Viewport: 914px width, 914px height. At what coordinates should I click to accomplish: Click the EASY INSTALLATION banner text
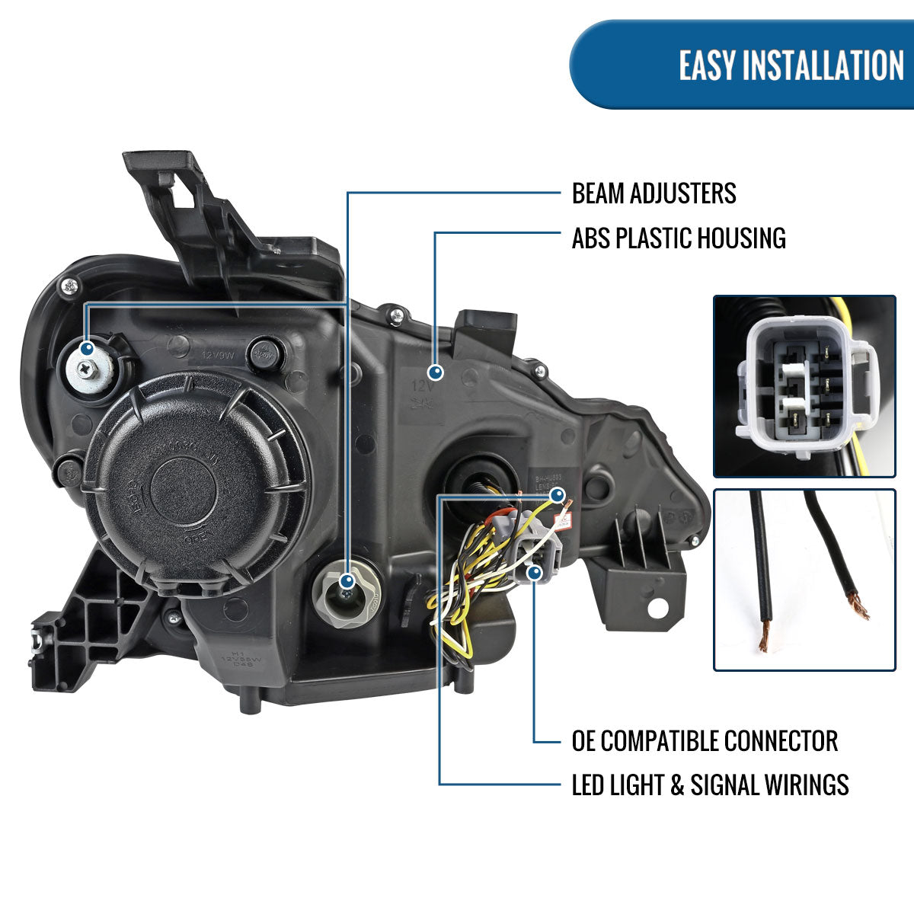click(x=791, y=65)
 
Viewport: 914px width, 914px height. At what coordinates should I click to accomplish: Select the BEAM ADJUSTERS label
click(x=654, y=193)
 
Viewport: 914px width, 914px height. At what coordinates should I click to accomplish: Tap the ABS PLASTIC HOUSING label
click(x=679, y=238)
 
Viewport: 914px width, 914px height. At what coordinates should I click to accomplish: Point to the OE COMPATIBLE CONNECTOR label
click(x=705, y=740)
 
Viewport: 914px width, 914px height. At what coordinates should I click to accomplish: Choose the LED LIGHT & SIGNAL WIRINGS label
click(x=710, y=785)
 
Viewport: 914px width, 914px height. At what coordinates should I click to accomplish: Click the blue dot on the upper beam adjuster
click(x=88, y=348)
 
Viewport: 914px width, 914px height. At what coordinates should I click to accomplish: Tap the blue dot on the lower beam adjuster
click(x=347, y=580)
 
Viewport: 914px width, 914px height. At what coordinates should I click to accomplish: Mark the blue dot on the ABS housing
click(x=436, y=372)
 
